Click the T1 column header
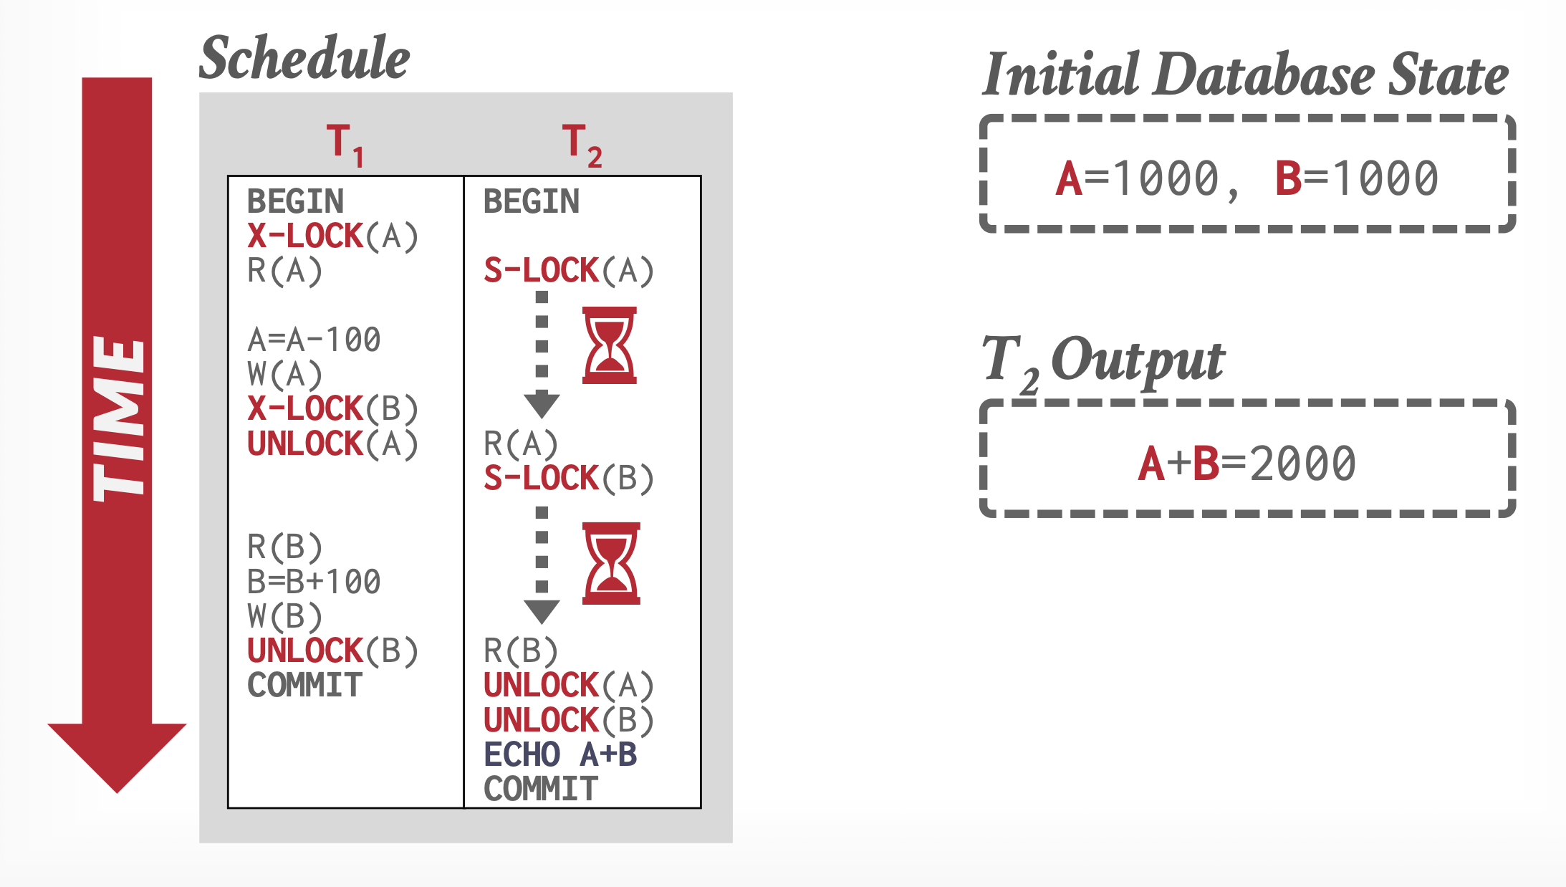point(345,143)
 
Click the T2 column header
point(581,143)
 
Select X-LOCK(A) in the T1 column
point(332,236)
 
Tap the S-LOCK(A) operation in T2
point(568,271)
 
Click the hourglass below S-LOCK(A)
point(609,345)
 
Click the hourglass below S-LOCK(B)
point(610,563)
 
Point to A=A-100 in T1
point(314,340)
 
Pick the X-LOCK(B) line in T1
point(332,409)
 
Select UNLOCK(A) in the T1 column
point(332,444)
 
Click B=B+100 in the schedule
point(314,582)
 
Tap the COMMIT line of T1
point(304,686)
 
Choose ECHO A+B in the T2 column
point(560,754)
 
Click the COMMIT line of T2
point(540,790)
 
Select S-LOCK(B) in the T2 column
point(568,478)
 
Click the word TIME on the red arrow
point(118,419)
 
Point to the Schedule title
point(304,57)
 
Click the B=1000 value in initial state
point(1356,178)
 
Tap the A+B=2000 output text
point(1246,463)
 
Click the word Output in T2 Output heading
point(1138,360)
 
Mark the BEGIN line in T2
point(531,201)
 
